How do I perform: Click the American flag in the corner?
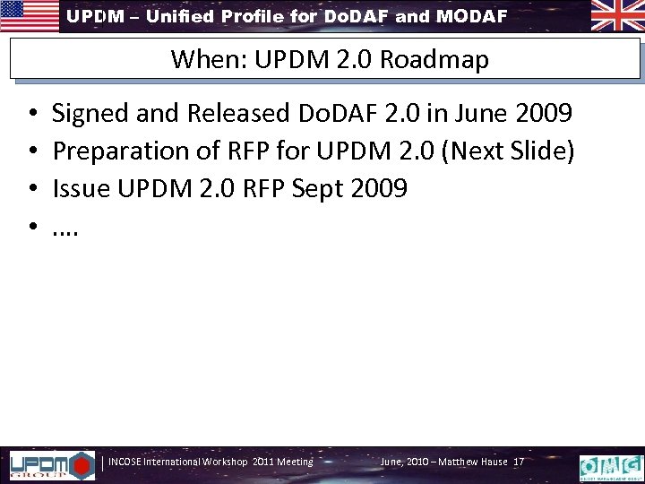pyautogui.click(x=29, y=15)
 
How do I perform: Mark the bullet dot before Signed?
pyautogui.click(x=32, y=115)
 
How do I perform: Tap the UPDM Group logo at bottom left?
pyautogui.click(x=50, y=464)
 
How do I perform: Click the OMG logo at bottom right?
pyautogui.click(x=611, y=465)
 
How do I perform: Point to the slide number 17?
pyautogui.click(x=519, y=462)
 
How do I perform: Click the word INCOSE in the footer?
pyautogui.click(x=126, y=462)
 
